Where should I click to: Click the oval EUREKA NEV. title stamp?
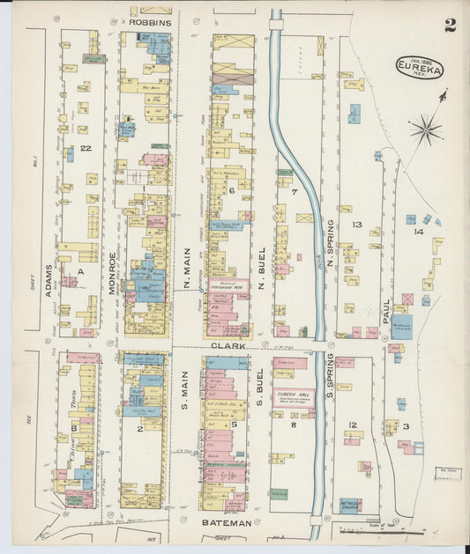(419, 68)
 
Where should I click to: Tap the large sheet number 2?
(450, 25)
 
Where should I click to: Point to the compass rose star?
(426, 129)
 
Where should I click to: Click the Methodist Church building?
(350, 505)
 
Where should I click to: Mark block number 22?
(86, 149)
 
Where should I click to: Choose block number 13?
(356, 225)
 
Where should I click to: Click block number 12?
(352, 425)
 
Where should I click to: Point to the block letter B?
(74, 429)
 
